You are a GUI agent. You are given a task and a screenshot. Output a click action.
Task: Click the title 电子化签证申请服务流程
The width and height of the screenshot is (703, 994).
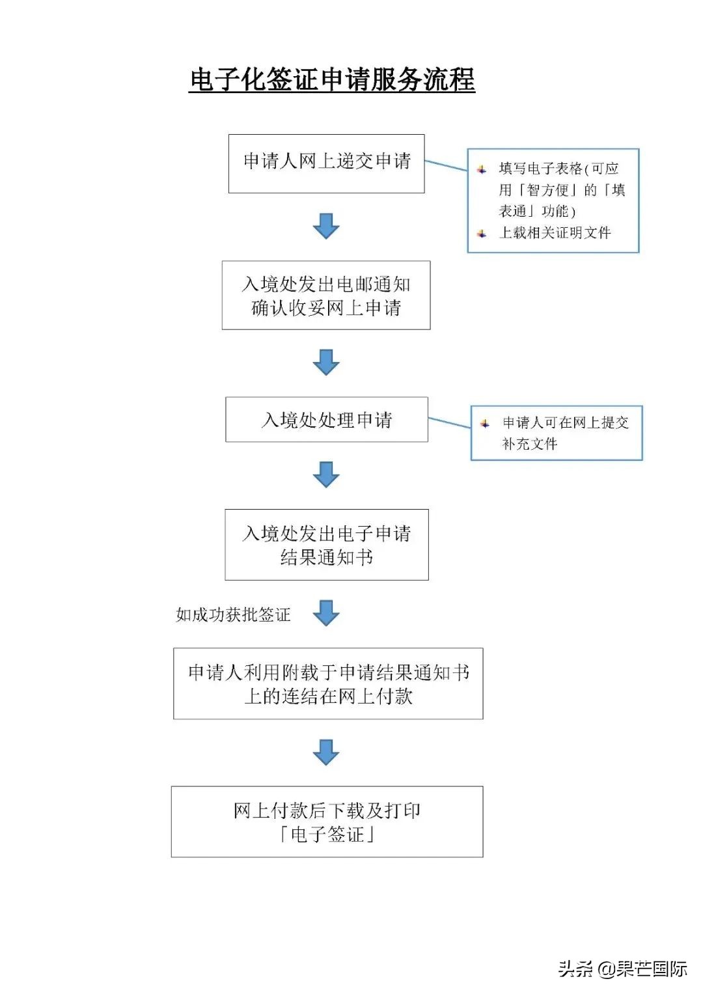pyautogui.click(x=332, y=80)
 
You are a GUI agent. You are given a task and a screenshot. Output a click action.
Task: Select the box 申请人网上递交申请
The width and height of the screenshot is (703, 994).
pyautogui.click(x=326, y=163)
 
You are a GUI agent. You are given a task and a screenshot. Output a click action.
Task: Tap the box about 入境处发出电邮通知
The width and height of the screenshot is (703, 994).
pyautogui.click(x=326, y=295)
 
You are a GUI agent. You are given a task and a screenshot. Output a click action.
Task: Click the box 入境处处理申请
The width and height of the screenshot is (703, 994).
pyautogui.click(x=326, y=420)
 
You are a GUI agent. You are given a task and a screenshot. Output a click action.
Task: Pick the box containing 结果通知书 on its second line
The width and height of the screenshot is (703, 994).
pyautogui.click(x=326, y=545)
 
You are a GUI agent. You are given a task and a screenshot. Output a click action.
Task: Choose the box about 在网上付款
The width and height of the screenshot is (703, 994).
pyautogui.click(x=328, y=683)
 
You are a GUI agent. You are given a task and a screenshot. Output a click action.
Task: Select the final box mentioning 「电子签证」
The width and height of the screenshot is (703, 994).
pyautogui.click(x=327, y=821)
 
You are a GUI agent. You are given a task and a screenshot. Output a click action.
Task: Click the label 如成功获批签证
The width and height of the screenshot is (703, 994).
pyautogui.click(x=233, y=614)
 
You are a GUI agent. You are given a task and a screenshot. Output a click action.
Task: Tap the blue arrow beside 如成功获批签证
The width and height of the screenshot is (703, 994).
pyautogui.click(x=326, y=613)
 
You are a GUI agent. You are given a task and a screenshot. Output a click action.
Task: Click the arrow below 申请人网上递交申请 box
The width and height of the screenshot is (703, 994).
pyautogui.click(x=326, y=226)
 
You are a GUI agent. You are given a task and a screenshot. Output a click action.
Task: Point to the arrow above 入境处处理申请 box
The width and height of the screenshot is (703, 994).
pyautogui.click(x=326, y=362)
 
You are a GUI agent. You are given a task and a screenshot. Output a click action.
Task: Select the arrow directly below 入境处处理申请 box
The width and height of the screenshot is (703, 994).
pyautogui.click(x=326, y=475)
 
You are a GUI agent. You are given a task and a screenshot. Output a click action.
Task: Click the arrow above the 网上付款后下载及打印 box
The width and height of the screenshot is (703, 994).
pyautogui.click(x=326, y=752)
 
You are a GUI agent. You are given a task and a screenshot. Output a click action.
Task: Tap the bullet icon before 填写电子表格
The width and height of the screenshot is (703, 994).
pyautogui.click(x=482, y=169)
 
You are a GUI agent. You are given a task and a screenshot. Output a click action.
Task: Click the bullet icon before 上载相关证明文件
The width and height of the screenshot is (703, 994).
pyautogui.click(x=482, y=233)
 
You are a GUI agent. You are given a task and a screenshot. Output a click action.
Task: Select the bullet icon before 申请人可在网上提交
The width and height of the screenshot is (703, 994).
pyautogui.click(x=485, y=423)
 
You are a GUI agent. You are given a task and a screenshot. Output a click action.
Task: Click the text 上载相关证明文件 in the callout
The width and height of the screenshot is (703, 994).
pyautogui.click(x=555, y=233)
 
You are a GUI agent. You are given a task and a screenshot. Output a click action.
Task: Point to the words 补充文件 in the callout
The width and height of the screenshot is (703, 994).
pyautogui.click(x=529, y=444)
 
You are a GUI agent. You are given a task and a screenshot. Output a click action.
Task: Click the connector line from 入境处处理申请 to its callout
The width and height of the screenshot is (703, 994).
pyautogui.click(x=449, y=423)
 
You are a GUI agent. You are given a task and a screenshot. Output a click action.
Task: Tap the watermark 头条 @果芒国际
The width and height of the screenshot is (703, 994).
pyautogui.click(x=622, y=969)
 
